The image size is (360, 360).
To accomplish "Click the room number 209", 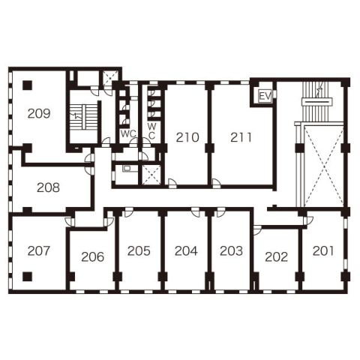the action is coord(39,113).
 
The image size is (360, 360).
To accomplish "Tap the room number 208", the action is coord(48,187).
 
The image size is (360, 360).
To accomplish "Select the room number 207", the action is coord(39,250).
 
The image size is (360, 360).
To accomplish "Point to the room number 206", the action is coord(92,256).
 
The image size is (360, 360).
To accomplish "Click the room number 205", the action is coord(139,250).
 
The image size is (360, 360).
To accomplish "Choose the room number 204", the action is coord(186,250).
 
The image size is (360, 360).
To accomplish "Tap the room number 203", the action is coord(231,250).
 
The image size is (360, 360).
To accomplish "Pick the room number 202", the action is coord(277,256).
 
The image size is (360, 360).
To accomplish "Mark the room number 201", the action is coord(323,250).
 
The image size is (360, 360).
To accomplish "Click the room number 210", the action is coord(187,137).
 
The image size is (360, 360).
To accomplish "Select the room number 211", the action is coord(241,137).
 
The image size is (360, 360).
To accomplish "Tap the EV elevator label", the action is coord(265,96).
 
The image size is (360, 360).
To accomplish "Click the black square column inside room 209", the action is coord(28,85).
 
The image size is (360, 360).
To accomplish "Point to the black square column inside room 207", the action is coord(28,277).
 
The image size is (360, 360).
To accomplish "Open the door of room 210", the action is coord(172,183).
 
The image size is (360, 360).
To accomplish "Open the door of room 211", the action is coord(216,183).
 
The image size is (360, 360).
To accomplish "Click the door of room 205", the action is coord(128,212).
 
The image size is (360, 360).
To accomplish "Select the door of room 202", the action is coord(257,230).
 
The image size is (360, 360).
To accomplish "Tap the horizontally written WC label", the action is coord(128,133).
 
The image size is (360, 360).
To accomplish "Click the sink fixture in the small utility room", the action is coord(127,169).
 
